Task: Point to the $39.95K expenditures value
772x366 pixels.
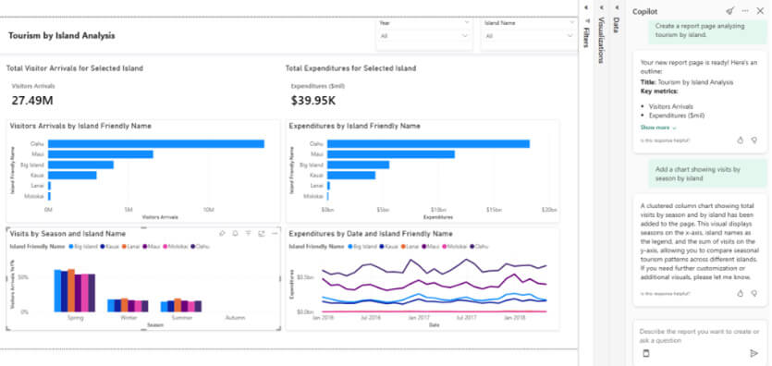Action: [x=312, y=100]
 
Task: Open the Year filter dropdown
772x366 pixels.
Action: [x=423, y=36]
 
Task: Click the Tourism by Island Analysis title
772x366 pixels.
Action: [x=62, y=35]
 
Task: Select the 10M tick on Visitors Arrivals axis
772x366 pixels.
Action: [x=209, y=210]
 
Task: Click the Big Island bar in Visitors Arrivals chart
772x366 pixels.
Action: [x=80, y=165]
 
